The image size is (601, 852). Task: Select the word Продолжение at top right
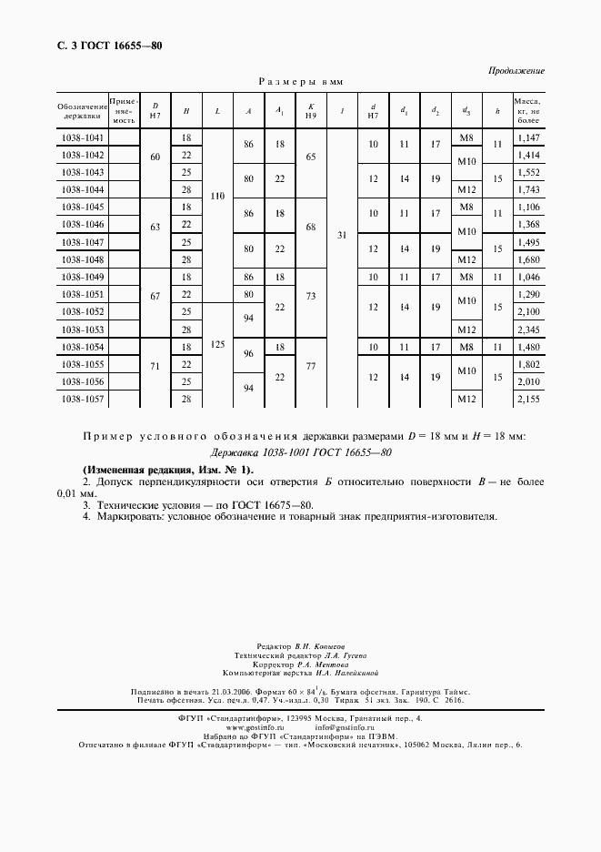click(516, 70)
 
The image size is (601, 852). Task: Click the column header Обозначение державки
click(82, 110)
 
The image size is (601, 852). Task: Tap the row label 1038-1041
click(82, 137)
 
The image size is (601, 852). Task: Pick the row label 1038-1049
click(82, 277)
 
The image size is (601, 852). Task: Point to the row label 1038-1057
click(82, 399)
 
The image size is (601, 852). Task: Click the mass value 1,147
click(527, 137)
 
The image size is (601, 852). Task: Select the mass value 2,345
click(527, 330)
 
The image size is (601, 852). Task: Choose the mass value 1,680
click(527, 259)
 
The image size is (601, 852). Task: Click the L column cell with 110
click(217, 197)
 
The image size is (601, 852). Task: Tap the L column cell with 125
click(217, 346)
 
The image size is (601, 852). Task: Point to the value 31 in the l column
click(342, 235)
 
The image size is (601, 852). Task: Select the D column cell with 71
click(155, 364)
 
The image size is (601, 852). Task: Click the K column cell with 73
click(311, 296)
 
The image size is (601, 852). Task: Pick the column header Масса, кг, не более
click(527, 110)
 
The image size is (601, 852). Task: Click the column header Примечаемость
click(124, 110)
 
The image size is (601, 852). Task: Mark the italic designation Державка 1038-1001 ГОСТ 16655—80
click(301, 451)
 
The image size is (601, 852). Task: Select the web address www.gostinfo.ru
click(254, 728)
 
